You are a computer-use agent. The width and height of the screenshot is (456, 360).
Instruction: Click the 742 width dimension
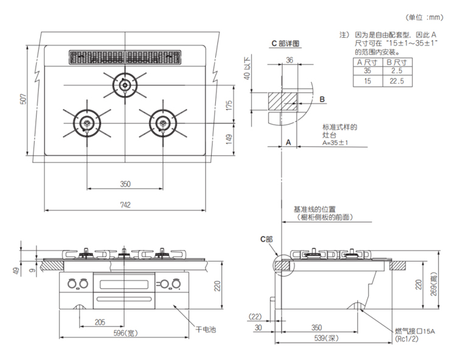pos(125,205)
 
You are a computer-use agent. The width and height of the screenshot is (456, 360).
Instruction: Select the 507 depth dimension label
pos(23,99)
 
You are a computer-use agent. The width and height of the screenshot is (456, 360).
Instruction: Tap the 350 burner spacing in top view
pos(125,183)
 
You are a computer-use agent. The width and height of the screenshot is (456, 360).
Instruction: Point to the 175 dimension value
pos(228,105)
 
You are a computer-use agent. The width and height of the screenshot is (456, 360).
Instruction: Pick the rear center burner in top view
pos(125,85)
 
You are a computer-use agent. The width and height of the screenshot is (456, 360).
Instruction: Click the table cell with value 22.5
pos(397,80)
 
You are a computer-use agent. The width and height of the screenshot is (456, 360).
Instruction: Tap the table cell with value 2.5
pos(397,71)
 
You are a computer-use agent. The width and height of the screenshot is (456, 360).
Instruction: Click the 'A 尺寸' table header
pos(367,62)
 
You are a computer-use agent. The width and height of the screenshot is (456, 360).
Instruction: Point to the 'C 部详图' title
pos(286,44)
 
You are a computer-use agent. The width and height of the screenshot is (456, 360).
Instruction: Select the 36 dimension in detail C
pos(289,60)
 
